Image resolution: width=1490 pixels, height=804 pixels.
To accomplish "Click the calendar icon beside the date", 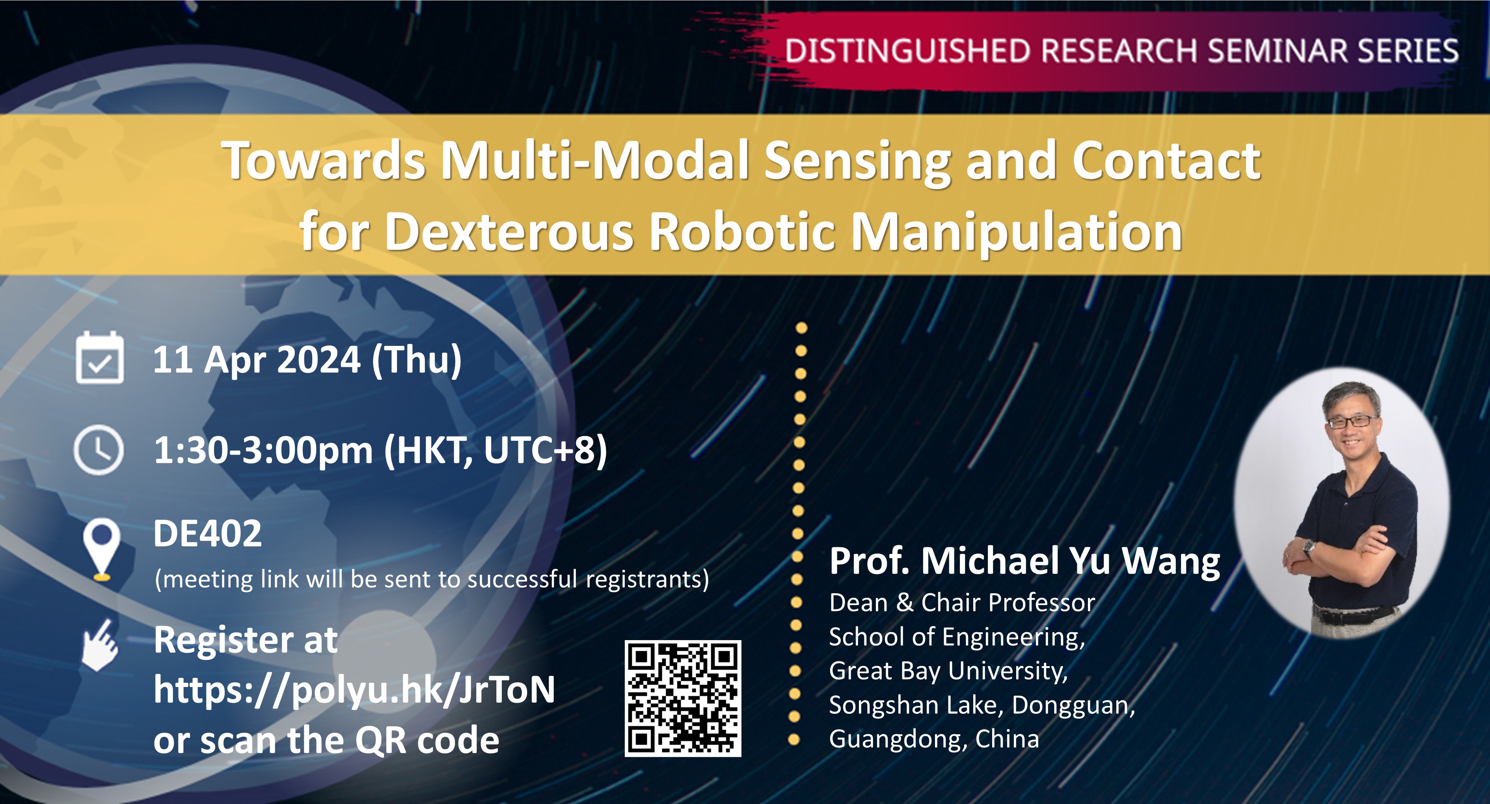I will click(99, 358).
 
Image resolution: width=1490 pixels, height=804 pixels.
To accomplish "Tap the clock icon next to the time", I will click(99, 450).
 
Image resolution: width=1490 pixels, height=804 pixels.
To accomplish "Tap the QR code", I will click(683, 698).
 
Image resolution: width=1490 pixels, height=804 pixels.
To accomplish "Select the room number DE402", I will click(207, 533).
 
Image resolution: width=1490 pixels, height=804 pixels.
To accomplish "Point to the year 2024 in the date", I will click(319, 360).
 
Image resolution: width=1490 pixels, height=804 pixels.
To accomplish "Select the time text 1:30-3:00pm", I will click(263, 450).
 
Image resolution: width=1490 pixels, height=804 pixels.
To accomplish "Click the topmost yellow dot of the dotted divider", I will click(801, 328).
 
